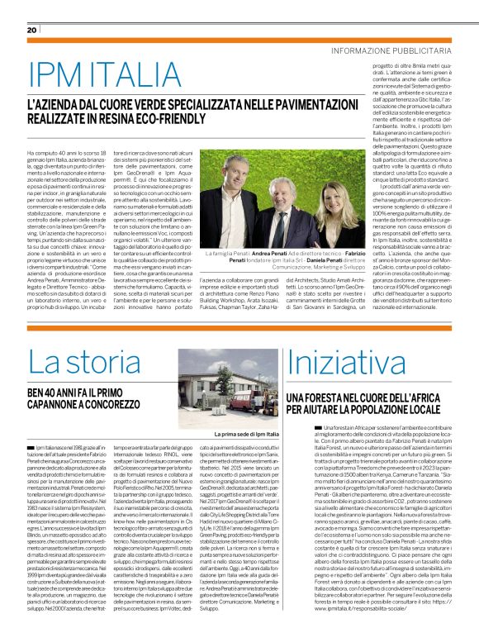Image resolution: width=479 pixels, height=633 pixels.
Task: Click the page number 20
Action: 32,30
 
